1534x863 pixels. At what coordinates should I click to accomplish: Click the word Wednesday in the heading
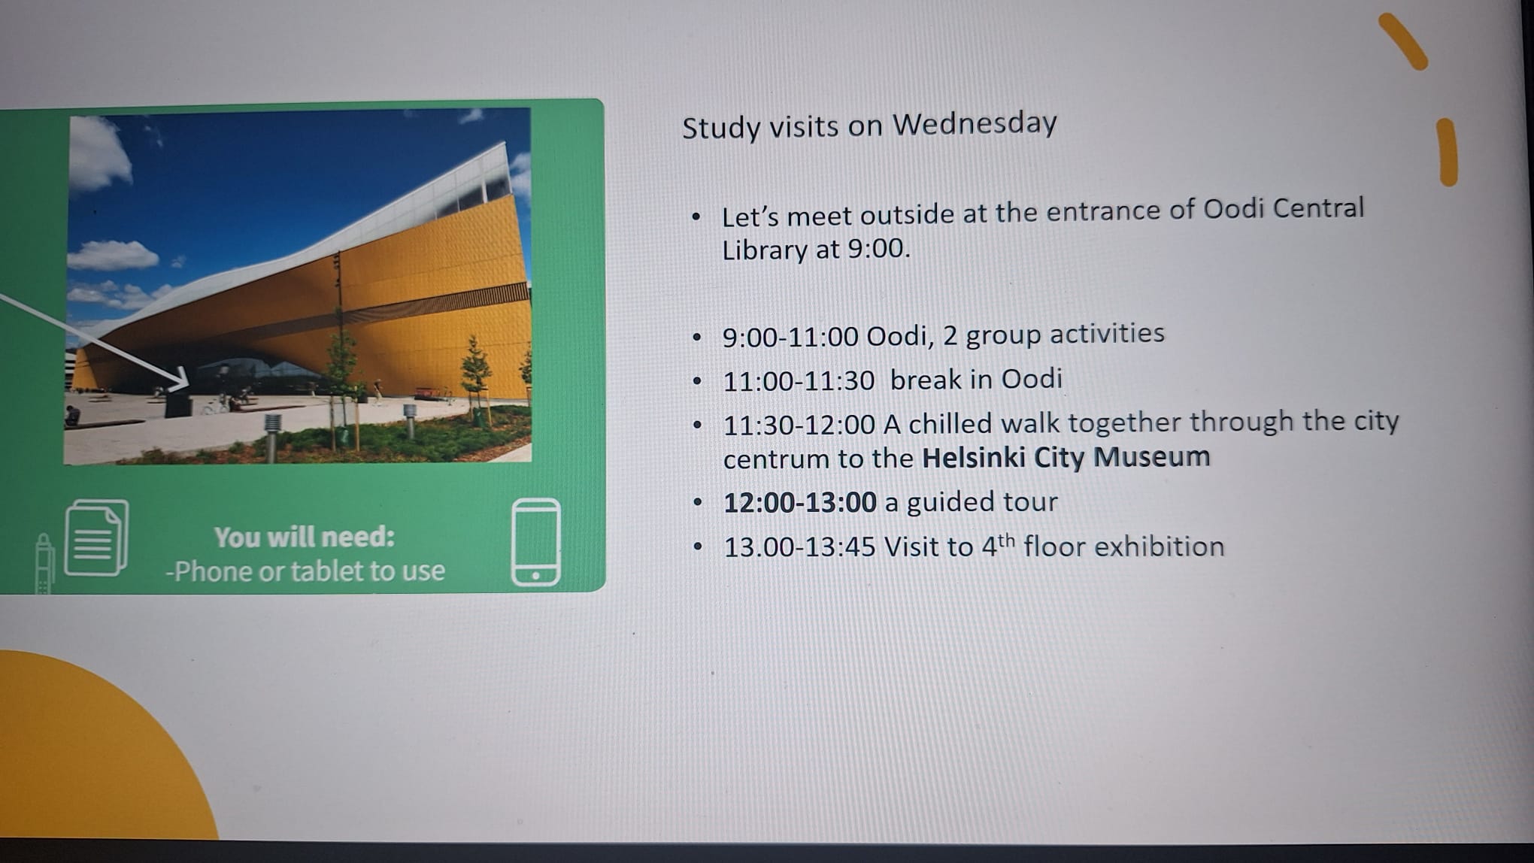pos(975,123)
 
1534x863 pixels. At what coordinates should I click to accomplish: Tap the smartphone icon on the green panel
pos(536,542)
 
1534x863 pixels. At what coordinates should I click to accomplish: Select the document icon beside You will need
pos(96,538)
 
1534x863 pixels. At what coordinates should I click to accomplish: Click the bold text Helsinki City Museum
pos(1066,457)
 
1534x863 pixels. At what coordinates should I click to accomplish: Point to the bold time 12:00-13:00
pos(800,502)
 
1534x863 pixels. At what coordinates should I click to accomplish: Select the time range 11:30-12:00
pos(799,425)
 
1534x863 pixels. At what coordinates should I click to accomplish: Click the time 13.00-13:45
pos(799,547)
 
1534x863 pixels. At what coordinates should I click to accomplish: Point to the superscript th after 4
pos(1006,540)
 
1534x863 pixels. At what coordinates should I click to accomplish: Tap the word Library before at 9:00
pos(765,250)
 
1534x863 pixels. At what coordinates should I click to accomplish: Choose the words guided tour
pos(982,501)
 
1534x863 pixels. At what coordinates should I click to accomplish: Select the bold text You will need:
pos(304,537)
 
